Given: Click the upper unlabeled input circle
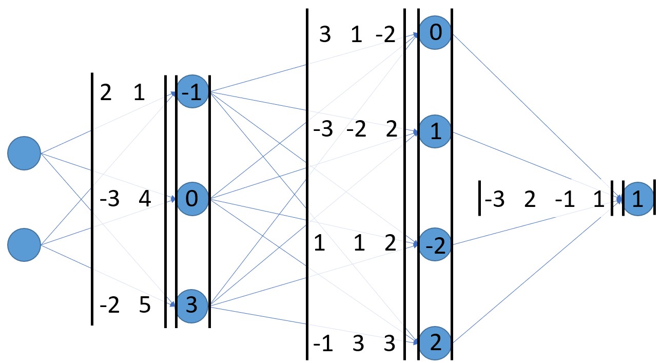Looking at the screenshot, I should [24, 153].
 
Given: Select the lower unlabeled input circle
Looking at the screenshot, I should [24, 245].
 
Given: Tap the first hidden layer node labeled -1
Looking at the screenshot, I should [192, 93].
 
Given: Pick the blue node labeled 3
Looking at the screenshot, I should [192, 306].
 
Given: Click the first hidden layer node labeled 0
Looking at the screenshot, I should [192, 199].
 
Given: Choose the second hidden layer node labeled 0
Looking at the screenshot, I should [435, 33].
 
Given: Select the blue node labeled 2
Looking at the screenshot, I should [435, 342].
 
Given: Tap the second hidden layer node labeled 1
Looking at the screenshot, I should [435, 133].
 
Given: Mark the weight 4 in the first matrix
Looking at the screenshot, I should [145, 199].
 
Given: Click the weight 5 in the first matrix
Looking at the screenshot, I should [145, 306].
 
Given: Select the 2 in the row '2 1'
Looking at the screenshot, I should [106, 94].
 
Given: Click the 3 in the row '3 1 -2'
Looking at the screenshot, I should [325, 36].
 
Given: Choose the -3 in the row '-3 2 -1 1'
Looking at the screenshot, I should [494, 199].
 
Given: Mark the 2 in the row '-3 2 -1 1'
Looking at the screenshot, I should [530, 199].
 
